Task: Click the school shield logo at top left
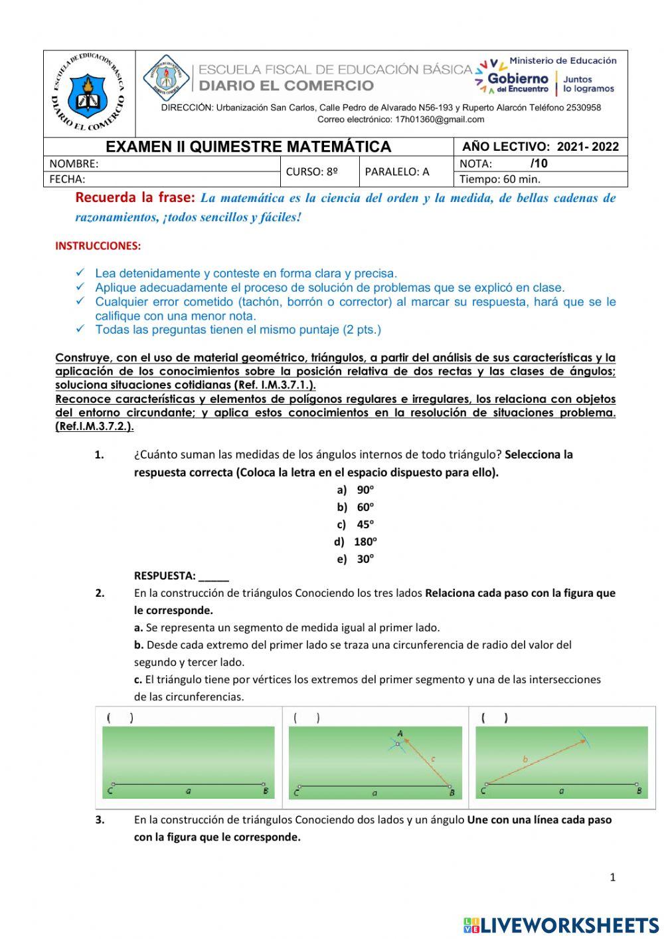click(x=88, y=94)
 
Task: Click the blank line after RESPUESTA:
click(x=214, y=576)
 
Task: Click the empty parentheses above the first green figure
click(x=120, y=718)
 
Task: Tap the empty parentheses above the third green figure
click(x=495, y=718)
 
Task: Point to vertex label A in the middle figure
click(x=400, y=734)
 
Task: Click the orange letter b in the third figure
click(x=525, y=759)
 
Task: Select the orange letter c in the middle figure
click(x=433, y=758)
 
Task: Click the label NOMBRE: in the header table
click(x=74, y=163)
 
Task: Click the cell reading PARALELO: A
click(x=397, y=171)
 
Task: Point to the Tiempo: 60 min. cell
click(x=500, y=179)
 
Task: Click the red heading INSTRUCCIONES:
click(x=98, y=245)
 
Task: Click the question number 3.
click(x=100, y=820)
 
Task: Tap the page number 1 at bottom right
click(x=612, y=877)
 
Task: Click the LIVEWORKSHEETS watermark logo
click(x=561, y=925)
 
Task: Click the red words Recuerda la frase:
click(x=135, y=197)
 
